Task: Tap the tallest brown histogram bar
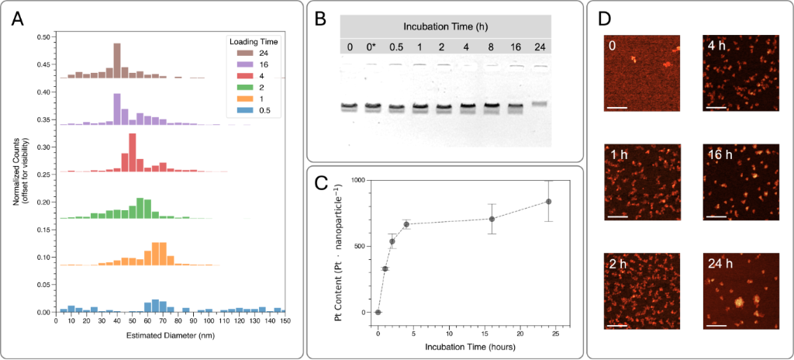(x=117, y=61)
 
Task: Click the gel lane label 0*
(x=372, y=47)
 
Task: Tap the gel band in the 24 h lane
(x=540, y=103)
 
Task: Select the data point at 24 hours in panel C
(x=548, y=202)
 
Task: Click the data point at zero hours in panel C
(x=378, y=313)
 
